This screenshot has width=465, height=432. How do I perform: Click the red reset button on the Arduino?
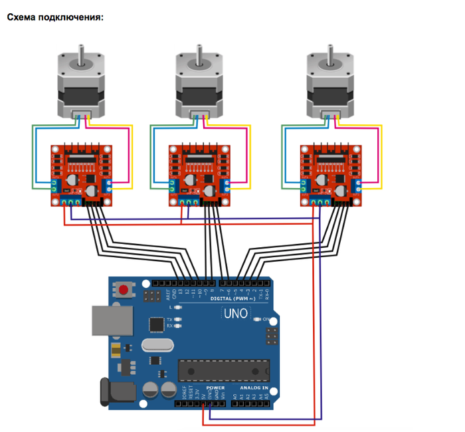tap(123, 290)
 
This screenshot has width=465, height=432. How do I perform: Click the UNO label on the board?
tap(236, 314)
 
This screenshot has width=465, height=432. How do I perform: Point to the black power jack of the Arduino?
tap(106, 392)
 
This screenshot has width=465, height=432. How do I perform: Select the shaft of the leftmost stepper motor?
tap(82, 54)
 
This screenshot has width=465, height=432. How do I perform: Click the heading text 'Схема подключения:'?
tap(56, 17)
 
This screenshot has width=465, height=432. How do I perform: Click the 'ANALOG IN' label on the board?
tap(253, 387)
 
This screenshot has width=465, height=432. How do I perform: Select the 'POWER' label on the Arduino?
tap(215, 387)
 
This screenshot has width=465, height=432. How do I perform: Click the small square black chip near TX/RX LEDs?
tap(157, 324)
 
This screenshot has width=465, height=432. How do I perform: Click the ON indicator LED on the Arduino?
tap(257, 320)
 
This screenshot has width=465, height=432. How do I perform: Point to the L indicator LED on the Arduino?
tap(177, 308)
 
